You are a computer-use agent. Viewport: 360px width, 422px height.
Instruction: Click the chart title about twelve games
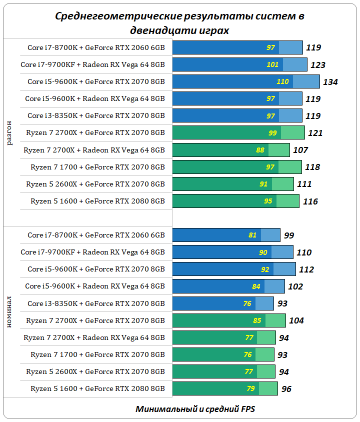[x=179, y=23]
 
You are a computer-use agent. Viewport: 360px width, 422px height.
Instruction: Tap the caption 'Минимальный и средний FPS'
[x=195, y=408]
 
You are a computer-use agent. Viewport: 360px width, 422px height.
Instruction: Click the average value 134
[x=330, y=82]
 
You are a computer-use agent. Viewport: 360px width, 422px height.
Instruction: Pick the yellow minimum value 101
[x=272, y=65]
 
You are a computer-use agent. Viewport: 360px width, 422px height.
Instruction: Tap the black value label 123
[x=317, y=65]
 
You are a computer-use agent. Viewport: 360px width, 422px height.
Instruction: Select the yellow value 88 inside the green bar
[x=260, y=150]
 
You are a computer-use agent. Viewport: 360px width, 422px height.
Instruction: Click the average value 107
[x=300, y=150]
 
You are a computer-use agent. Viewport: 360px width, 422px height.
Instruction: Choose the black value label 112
[x=306, y=269]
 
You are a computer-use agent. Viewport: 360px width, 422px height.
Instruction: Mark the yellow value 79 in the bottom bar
[x=251, y=388]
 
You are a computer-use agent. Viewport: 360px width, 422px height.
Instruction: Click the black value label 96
[x=286, y=388]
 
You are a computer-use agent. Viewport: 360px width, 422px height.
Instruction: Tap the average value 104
[x=296, y=320]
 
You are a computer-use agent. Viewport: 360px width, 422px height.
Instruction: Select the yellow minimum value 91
[x=263, y=184]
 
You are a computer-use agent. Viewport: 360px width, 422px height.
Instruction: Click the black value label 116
[x=310, y=201]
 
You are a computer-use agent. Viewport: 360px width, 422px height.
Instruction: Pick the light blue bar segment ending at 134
[x=306, y=81]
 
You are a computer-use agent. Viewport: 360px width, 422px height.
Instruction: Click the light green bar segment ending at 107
[x=279, y=150]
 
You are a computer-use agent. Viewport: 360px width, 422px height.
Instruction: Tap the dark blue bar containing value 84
[x=218, y=286]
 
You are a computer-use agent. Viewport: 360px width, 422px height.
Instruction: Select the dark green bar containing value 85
[x=218, y=320]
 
